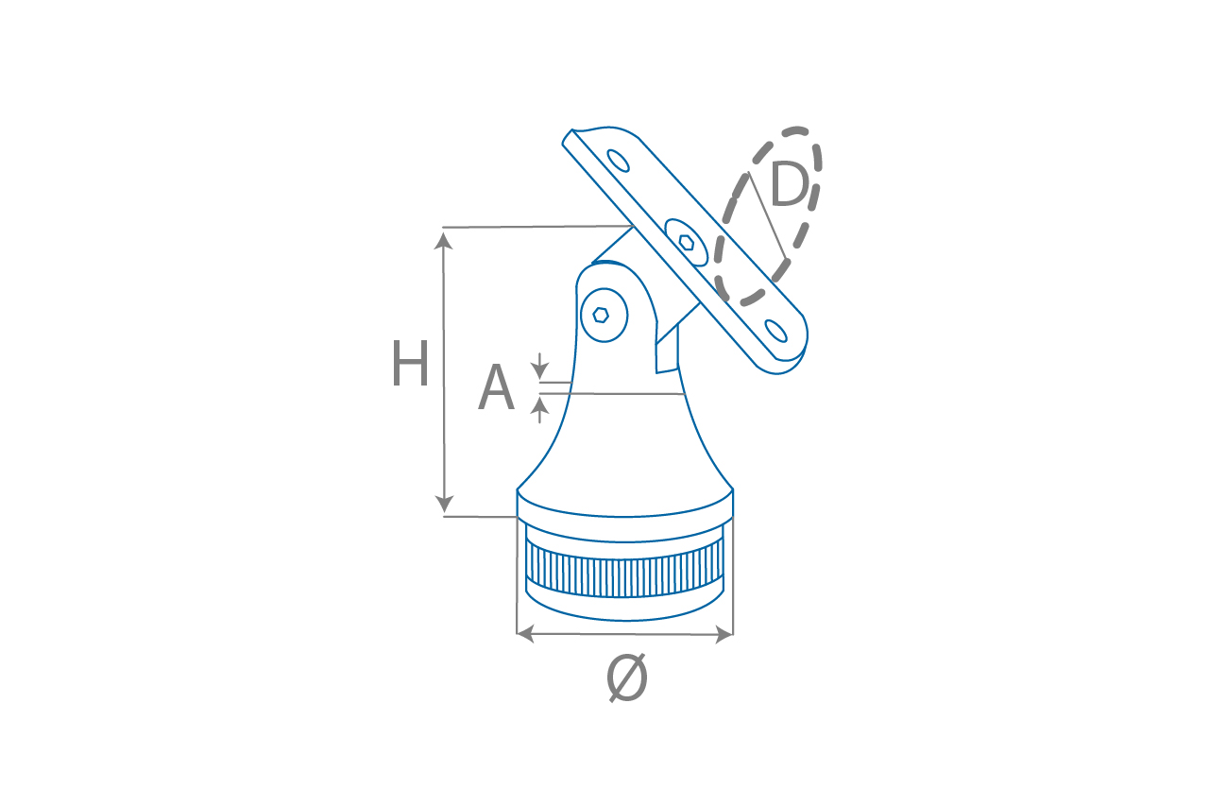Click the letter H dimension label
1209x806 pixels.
(410, 365)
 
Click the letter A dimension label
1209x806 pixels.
(496, 389)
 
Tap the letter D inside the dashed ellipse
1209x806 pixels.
(790, 185)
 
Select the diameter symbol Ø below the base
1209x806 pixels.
(626, 677)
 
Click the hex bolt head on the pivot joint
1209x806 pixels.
(603, 315)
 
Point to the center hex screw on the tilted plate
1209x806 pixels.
(687, 242)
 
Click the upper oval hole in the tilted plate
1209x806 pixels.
(619, 161)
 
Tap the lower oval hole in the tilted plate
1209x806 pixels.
(776, 331)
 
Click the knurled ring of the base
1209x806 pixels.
(624, 574)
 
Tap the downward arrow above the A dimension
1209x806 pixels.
(539, 371)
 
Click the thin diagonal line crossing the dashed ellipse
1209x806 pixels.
(767, 217)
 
